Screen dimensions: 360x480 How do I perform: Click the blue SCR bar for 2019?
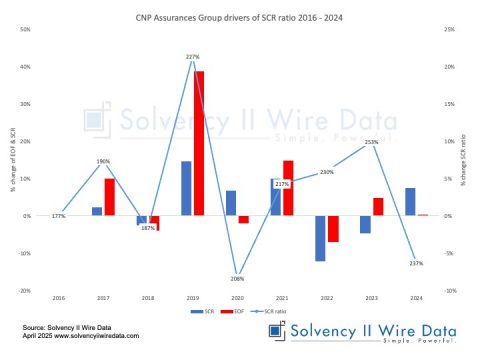point(186,188)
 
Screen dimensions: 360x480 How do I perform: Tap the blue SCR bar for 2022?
point(320,238)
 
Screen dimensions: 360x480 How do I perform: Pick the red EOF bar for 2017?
point(110,197)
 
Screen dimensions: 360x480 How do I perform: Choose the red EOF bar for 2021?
point(288,188)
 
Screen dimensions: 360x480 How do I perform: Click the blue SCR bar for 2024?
point(410,201)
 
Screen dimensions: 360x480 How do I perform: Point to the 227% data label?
point(193,57)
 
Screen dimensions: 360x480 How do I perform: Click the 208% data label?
point(237,279)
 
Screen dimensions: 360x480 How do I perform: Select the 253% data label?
point(371,142)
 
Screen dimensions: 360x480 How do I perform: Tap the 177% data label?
point(57,215)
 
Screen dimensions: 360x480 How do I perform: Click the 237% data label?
point(417,263)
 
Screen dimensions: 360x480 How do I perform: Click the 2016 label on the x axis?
point(58,298)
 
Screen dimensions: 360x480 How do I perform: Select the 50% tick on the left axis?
point(25,30)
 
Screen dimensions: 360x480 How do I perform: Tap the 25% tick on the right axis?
point(451,30)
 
